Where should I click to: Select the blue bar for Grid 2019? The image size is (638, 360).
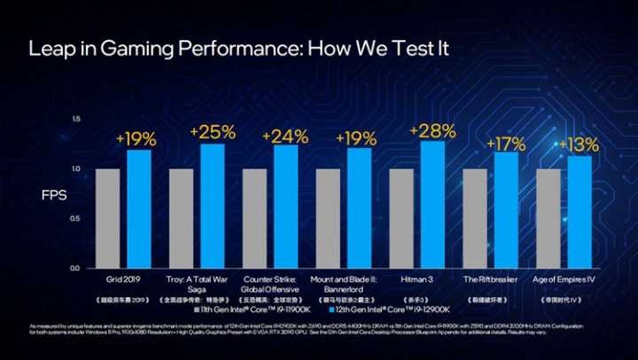[x=138, y=208]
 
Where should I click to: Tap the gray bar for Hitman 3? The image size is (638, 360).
[x=401, y=217]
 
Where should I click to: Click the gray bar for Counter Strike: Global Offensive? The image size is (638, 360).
[x=254, y=217]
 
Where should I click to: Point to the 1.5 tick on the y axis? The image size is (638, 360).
[x=76, y=119]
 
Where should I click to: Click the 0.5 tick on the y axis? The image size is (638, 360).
[x=76, y=218]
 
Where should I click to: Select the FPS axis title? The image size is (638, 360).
[x=54, y=192]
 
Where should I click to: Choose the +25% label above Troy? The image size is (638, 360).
[x=212, y=133]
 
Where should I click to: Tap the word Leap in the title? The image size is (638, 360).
[x=50, y=49]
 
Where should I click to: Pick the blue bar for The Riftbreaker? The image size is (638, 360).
[x=506, y=210]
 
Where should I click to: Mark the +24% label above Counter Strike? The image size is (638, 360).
[x=285, y=137]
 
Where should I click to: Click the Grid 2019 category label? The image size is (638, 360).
[x=123, y=278]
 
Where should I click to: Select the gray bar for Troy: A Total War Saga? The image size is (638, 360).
[x=181, y=217]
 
